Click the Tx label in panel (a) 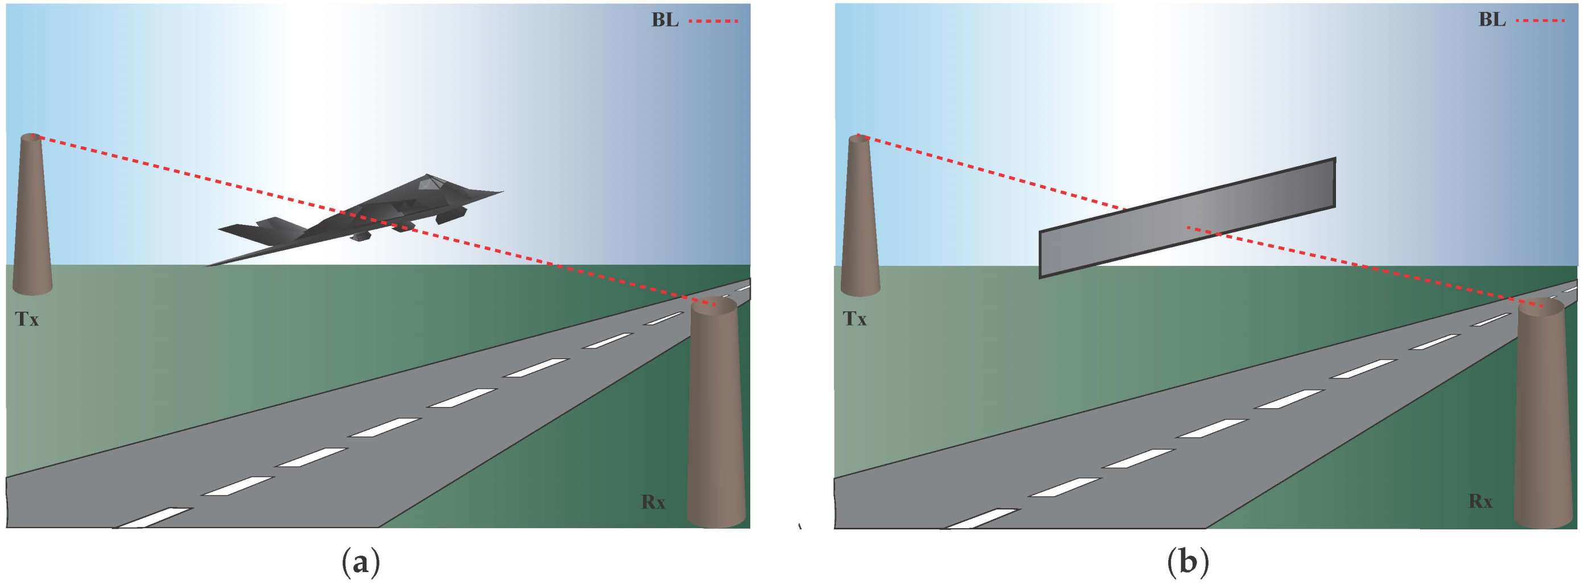(x=27, y=319)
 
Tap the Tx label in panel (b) (x=855, y=319)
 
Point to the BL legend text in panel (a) (x=665, y=20)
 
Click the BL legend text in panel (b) (x=1492, y=20)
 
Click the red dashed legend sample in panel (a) (x=713, y=21)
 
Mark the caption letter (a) (x=360, y=562)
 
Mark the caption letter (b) (x=1187, y=562)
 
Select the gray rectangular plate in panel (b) (x=1186, y=219)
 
